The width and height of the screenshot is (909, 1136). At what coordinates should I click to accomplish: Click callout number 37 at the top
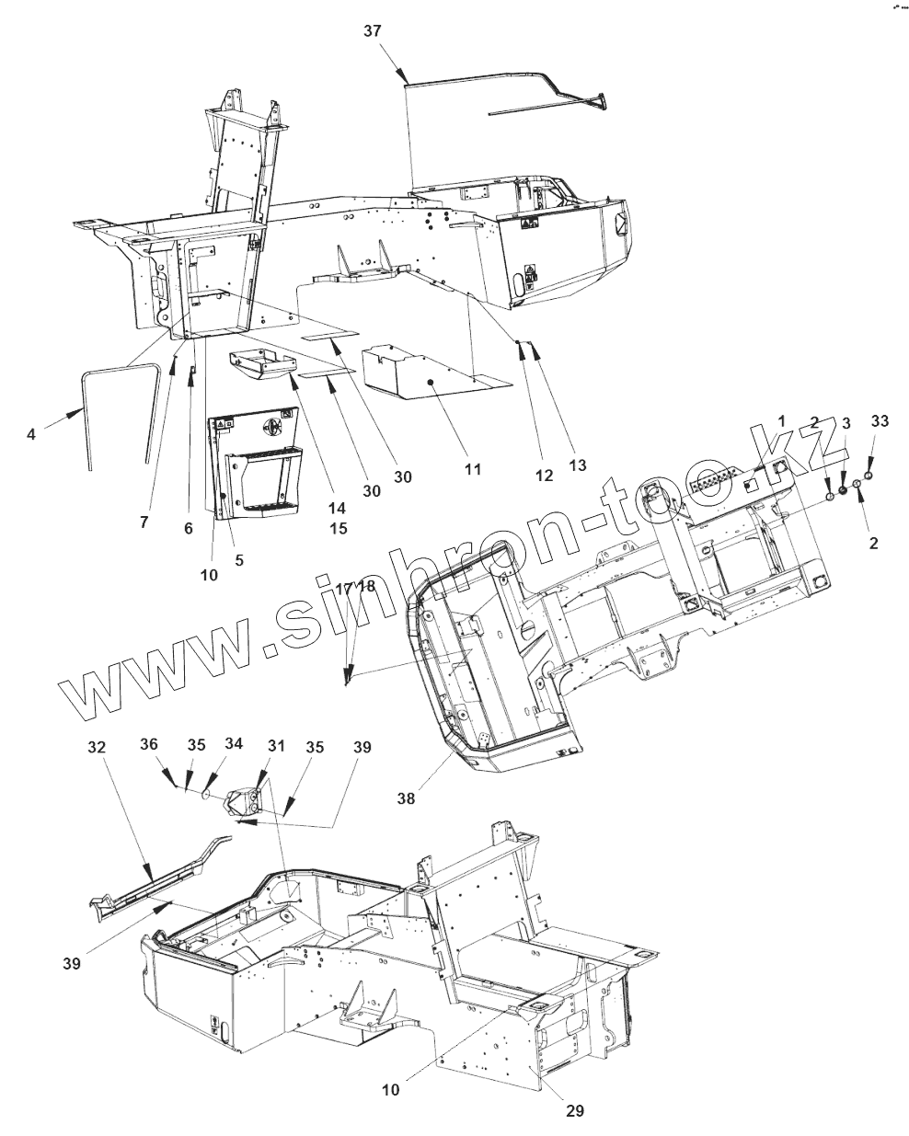pos(373,31)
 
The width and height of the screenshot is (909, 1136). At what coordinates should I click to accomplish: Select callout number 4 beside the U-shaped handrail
pos(32,432)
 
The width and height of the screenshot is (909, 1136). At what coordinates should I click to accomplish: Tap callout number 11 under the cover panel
pos(472,468)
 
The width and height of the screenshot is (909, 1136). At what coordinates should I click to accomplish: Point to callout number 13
pos(577,465)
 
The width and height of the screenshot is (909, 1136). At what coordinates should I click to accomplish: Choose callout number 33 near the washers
pos(880,421)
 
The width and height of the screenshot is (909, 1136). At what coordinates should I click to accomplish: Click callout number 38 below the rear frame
pos(406,798)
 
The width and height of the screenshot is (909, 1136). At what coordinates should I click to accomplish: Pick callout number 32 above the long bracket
pos(98,747)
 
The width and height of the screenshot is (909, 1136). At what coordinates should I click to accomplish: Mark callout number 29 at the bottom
pos(574,1110)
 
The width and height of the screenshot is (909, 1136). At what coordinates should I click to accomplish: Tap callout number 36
pos(148,745)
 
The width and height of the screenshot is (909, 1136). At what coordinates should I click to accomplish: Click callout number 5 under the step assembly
pos(239,558)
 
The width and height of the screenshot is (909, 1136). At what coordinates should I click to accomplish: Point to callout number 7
pos(144,522)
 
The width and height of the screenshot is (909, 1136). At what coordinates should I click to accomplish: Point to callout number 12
pos(543,475)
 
